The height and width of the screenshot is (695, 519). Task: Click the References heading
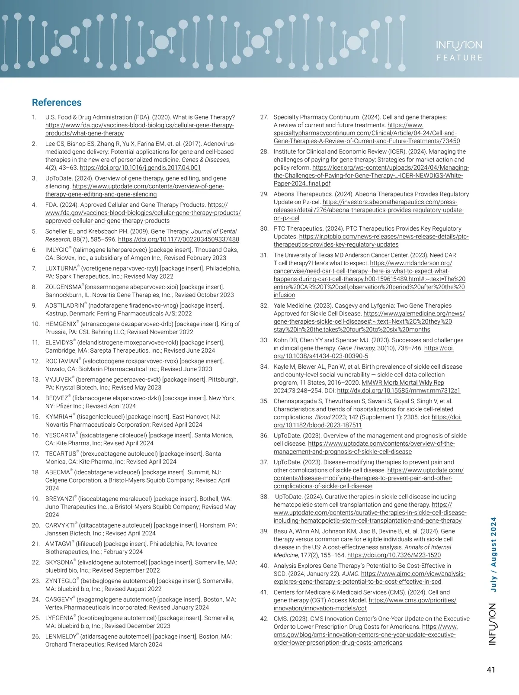point(57,103)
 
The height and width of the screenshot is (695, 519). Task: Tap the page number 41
point(490,670)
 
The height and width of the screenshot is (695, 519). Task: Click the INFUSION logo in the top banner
point(459,45)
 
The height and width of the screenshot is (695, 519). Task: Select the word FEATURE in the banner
point(459,58)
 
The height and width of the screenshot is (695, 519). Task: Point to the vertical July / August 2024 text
point(493,554)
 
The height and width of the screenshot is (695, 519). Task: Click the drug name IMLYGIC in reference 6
point(57,250)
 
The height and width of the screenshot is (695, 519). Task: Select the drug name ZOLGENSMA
point(64,287)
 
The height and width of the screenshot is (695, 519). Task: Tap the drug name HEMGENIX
point(61,324)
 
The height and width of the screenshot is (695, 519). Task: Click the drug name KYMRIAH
point(59,417)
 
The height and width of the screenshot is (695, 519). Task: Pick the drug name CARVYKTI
point(60,525)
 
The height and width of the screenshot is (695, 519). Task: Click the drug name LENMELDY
point(61,637)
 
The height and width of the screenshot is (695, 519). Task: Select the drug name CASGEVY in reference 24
point(59,600)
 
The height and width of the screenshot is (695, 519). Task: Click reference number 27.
point(264,117)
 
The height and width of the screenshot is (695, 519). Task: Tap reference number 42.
point(264,619)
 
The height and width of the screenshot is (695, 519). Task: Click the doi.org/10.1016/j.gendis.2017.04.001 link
point(140,168)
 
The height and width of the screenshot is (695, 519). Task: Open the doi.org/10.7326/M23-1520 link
point(394,555)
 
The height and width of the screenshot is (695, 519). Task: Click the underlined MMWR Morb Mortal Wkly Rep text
point(403,383)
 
